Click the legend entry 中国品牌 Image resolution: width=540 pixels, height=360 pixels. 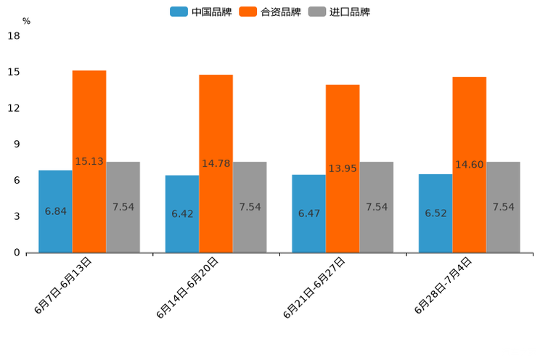click(201, 12)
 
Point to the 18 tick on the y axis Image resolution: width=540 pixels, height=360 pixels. click(13, 36)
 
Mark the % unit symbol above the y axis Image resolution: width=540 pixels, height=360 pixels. click(26, 21)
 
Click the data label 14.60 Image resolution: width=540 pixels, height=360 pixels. click(469, 165)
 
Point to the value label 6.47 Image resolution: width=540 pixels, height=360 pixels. click(309, 213)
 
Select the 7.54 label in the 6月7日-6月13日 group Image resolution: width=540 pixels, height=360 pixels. click(123, 207)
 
